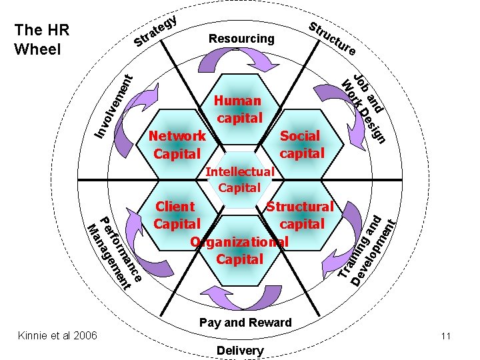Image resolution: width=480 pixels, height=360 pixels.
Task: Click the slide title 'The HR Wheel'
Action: [41, 39]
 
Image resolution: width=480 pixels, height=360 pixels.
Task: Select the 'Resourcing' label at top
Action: [241, 39]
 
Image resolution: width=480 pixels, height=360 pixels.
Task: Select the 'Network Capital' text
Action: [177, 145]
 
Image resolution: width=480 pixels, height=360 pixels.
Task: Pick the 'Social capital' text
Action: [301, 144]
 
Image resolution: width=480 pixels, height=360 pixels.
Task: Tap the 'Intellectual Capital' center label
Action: [240, 179]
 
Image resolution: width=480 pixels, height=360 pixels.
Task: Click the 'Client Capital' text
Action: [176, 215]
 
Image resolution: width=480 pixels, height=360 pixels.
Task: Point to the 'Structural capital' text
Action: [301, 215]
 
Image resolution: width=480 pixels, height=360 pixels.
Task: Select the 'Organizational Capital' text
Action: [239, 250]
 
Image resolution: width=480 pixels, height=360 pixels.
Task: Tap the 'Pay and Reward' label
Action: [245, 323]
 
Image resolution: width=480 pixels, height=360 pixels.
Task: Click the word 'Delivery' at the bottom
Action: [240, 350]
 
